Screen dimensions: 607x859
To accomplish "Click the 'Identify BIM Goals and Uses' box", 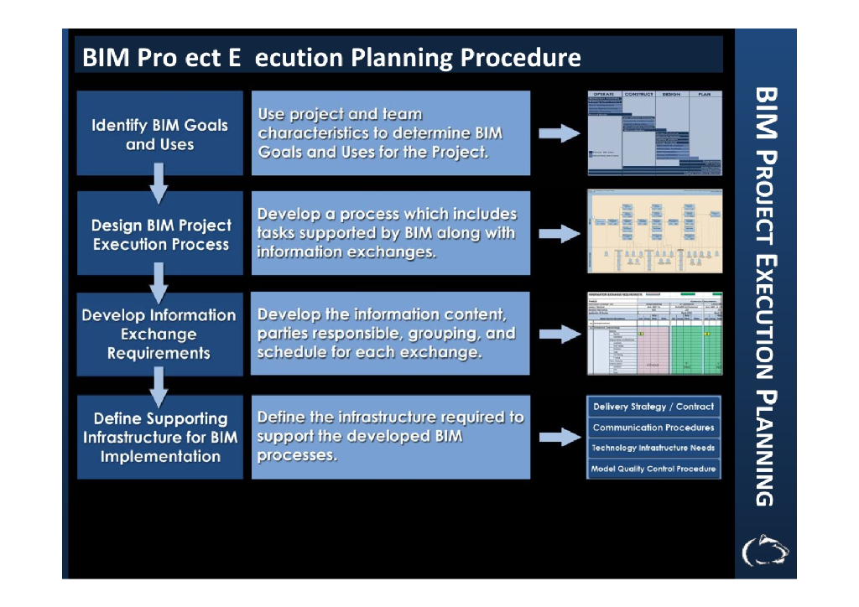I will tap(159, 134).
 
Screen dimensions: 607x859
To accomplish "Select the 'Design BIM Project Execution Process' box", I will tap(159, 234).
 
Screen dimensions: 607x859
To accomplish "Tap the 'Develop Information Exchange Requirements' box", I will tap(159, 334).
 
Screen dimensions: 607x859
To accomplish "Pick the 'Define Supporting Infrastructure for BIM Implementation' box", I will tap(159, 437).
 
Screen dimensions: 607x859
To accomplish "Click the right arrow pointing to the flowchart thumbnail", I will tap(559, 234).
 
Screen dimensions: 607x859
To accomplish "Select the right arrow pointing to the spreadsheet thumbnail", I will tap(559, 335).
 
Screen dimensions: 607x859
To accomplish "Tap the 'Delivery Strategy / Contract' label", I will tap(653, 407).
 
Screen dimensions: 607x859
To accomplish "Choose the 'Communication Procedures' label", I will tap(653, 428).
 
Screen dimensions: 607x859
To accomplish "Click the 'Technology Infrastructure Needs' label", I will tap(653, 448).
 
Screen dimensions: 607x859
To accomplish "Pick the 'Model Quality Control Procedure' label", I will tap(653, 469).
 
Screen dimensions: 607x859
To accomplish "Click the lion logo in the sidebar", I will tap(765, 549).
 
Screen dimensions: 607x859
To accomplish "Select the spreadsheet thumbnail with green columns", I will tap(653, 334).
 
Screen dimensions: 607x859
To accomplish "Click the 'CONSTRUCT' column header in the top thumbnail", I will tap(638, 95).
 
